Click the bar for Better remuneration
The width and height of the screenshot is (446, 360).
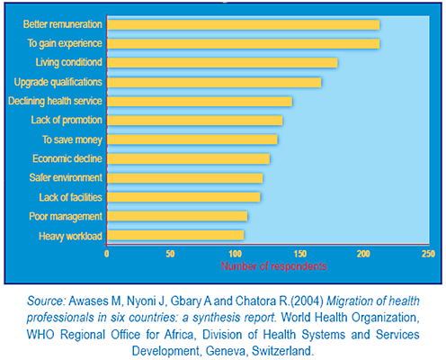click(x=243, y=25)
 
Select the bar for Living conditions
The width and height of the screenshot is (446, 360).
click(x=222, y=63)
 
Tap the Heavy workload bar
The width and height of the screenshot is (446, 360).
click(x=175, y=236)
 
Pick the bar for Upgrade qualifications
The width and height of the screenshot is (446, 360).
click(x=214, y=82)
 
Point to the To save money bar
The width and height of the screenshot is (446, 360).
click(x=192, y=139)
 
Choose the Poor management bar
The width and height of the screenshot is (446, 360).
click(x=177, y=216)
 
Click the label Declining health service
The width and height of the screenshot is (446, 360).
click(x=55, y=101)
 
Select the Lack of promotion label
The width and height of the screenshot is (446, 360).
click(x=67, y=120)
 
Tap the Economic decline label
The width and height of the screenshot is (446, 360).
click(x=67, y=158)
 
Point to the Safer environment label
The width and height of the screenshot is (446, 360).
click(x=66, y=177)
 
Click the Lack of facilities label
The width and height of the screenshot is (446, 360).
click(x=71, y=197)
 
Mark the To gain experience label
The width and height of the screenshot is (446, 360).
click(x=65, y=43)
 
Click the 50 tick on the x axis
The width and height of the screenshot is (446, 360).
click(x=170, y=254)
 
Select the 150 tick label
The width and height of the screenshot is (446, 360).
click(x=300, y=254)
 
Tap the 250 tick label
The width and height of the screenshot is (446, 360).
click(x=428, y=254)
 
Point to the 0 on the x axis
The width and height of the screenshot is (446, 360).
click(x=107, y=254)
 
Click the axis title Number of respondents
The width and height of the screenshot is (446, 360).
click(x=273, y=266)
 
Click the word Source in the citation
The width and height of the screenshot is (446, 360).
click(x=46, y=301)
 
